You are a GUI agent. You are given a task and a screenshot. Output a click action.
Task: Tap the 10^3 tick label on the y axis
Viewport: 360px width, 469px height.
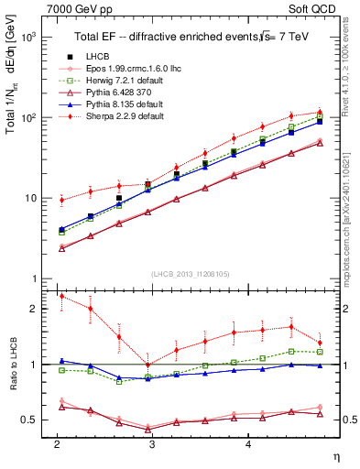tap(27, 38)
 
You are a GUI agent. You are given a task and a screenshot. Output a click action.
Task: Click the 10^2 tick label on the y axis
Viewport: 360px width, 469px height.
tap(27, 118)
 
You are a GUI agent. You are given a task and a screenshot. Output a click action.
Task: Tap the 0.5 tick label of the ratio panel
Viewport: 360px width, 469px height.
tap(29, 420)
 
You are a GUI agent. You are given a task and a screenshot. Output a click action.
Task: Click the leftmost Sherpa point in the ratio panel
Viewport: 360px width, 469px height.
tap(60, 296)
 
